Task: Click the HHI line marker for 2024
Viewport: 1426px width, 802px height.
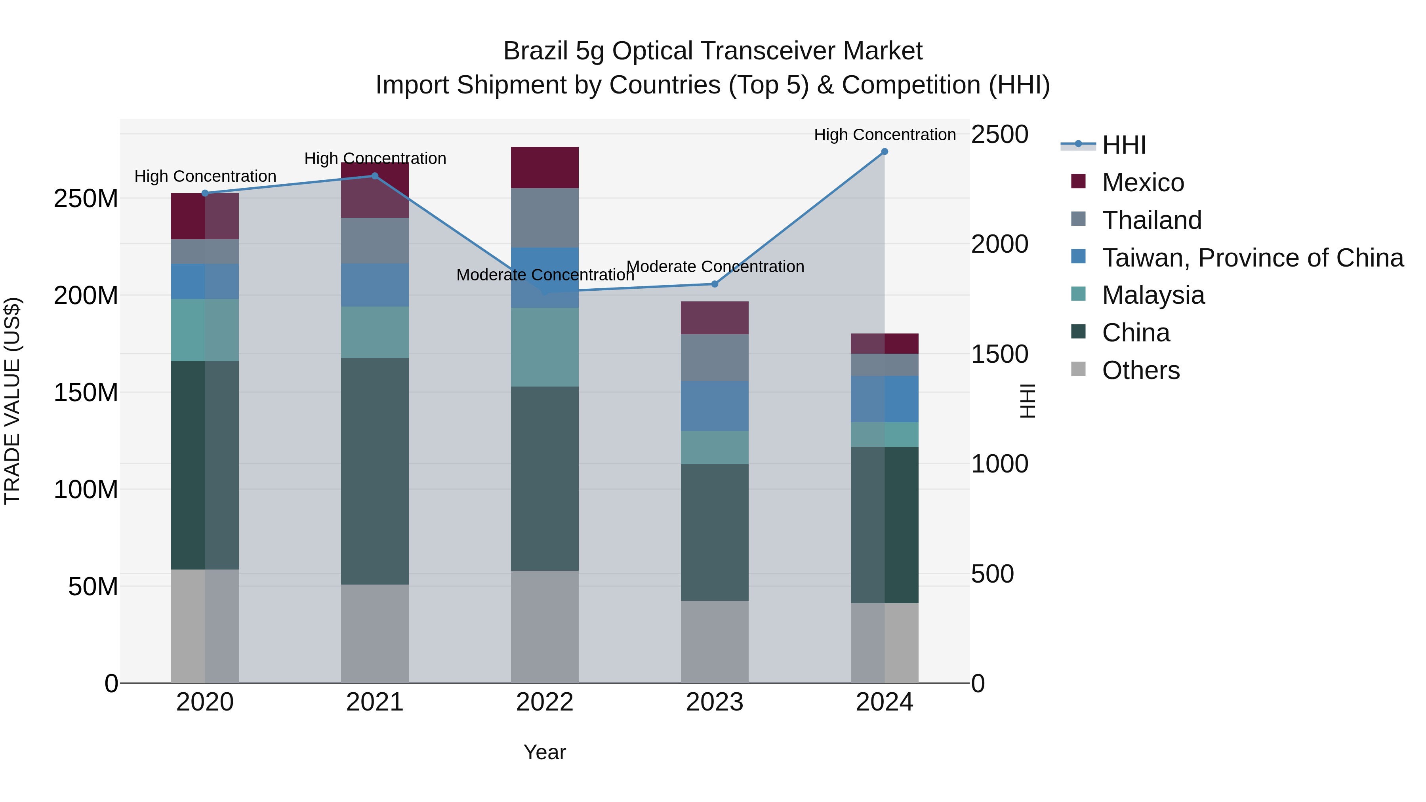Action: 884,152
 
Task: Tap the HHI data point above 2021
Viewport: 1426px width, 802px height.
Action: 375,176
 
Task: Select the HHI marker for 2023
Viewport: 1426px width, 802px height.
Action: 714,284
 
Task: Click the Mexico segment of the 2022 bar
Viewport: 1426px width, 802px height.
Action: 544,168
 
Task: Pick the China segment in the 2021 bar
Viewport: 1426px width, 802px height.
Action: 375,471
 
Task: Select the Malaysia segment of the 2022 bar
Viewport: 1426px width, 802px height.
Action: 544,347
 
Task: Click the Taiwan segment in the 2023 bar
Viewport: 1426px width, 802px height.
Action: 714,406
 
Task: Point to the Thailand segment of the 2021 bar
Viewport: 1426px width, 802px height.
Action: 375,241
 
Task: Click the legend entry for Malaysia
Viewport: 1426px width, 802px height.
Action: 1153,295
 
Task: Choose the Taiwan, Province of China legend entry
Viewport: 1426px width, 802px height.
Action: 1252,257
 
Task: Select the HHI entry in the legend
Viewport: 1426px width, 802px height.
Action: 1124,145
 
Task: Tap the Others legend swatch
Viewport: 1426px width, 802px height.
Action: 1078,369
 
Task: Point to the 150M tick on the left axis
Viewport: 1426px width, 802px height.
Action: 86,392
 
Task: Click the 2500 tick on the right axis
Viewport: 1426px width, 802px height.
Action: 1000,135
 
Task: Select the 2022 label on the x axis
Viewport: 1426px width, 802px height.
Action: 544,702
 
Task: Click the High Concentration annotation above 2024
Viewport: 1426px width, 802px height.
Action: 884,135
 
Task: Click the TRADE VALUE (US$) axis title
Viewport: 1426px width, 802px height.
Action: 12,401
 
